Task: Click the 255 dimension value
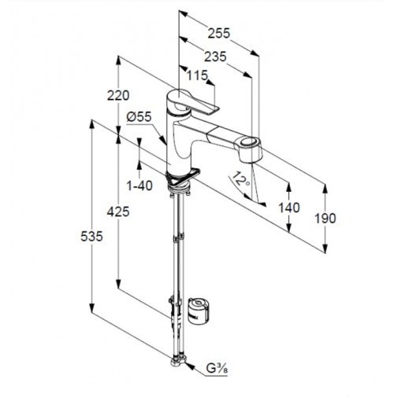pos(219,33)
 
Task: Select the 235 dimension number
pos(215,57)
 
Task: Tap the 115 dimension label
pos(197,75)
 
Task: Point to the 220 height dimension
pos(118,95)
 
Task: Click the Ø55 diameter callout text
pos(139,117)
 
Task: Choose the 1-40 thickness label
pos(139,186)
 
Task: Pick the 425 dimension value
pos(118,211)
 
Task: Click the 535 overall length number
pos(91,237)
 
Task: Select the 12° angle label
pos(241,178)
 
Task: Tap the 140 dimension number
pos(289,208)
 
